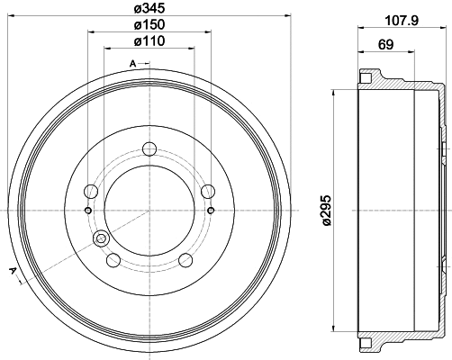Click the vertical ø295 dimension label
325,210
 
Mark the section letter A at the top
132,63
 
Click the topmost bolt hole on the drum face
149,150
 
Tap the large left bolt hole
90,191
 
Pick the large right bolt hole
208,191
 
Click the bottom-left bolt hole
113,260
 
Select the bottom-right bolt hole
185,260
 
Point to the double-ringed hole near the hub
100,239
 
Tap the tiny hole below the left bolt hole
87,211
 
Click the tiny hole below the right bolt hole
210,211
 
